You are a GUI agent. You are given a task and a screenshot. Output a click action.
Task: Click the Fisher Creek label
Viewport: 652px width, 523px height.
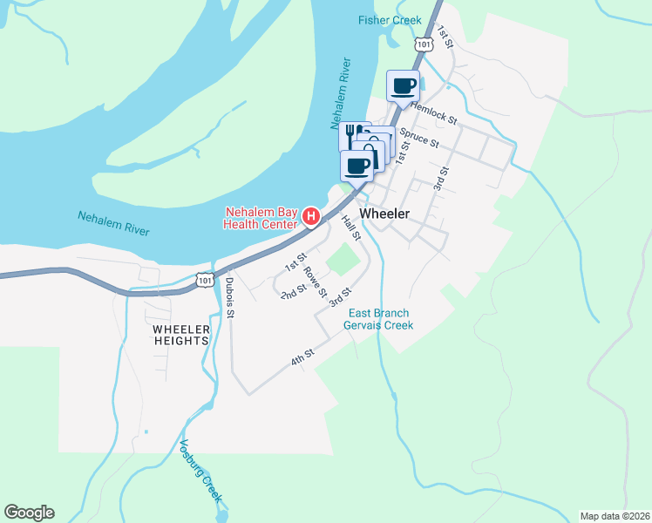pos(390,20)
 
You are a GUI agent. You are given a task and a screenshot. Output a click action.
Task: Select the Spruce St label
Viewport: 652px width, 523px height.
pos(418,137)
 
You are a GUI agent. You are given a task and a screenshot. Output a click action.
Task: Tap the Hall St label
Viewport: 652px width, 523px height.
pos(351,228)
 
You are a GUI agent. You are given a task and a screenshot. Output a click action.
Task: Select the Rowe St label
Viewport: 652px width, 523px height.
pos(315,281)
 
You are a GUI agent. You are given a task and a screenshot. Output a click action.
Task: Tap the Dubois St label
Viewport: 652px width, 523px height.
pos(228,297)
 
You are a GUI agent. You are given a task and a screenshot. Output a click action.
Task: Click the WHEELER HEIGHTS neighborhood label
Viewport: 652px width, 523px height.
pos(180,335)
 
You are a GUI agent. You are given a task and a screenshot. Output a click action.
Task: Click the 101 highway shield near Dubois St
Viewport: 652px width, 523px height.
pos(203,280)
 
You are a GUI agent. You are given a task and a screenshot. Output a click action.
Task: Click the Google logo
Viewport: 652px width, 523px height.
pos(29,513)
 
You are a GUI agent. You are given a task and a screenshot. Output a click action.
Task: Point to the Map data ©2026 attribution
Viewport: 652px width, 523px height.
pos(615,515)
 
